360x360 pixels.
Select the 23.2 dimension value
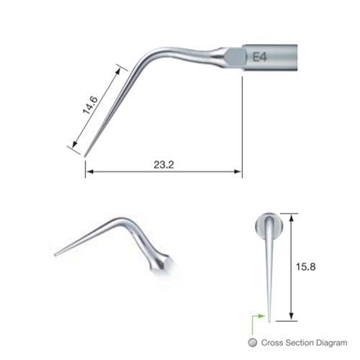coord(163,164)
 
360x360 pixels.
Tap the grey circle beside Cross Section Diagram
coord(252,343)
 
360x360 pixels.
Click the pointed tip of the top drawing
coord(85,155)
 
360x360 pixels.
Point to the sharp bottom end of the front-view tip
coord(269,316)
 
